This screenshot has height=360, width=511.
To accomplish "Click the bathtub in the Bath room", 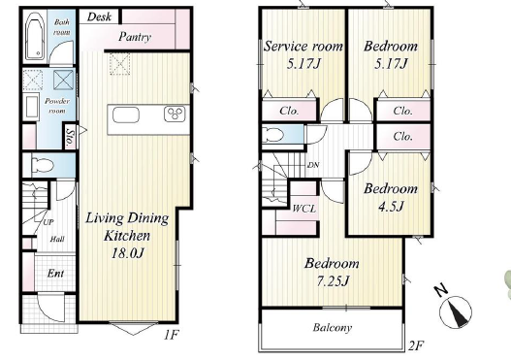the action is (35, 36).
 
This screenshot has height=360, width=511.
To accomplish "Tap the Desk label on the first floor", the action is (99, 16).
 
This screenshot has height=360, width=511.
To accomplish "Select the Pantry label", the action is (135, 37).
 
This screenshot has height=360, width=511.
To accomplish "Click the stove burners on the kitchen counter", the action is (175, 114).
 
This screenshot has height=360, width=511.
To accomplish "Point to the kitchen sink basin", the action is (126, 115).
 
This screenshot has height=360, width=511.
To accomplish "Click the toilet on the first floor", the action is (42, 165).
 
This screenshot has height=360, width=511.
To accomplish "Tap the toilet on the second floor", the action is (273, 134).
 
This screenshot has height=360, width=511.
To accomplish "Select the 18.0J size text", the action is (127, 252).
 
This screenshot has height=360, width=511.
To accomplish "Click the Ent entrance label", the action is (55, 274).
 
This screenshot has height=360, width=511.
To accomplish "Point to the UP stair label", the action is (48, 222).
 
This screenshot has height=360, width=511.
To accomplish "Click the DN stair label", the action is (313, 165).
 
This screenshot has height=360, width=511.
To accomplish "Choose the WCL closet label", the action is (304, 209).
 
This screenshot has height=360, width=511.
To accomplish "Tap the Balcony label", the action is (333, 327).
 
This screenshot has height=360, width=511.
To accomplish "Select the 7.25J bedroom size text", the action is (333, 280).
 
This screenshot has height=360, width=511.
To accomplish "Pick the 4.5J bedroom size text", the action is (391, 206).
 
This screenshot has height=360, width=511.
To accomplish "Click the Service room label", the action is (303, 47).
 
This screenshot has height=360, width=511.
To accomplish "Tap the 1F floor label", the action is (171, 335).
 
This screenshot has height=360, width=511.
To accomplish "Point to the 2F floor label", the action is (416, 345).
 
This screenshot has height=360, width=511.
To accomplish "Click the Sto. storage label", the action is (70, 137).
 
